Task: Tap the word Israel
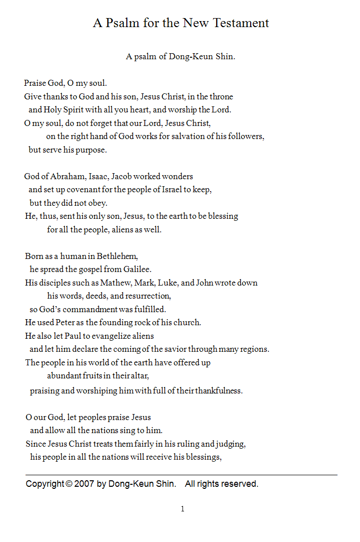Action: click(170, 190)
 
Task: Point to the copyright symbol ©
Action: click(69, 484)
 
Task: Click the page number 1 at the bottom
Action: click(183, 509)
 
